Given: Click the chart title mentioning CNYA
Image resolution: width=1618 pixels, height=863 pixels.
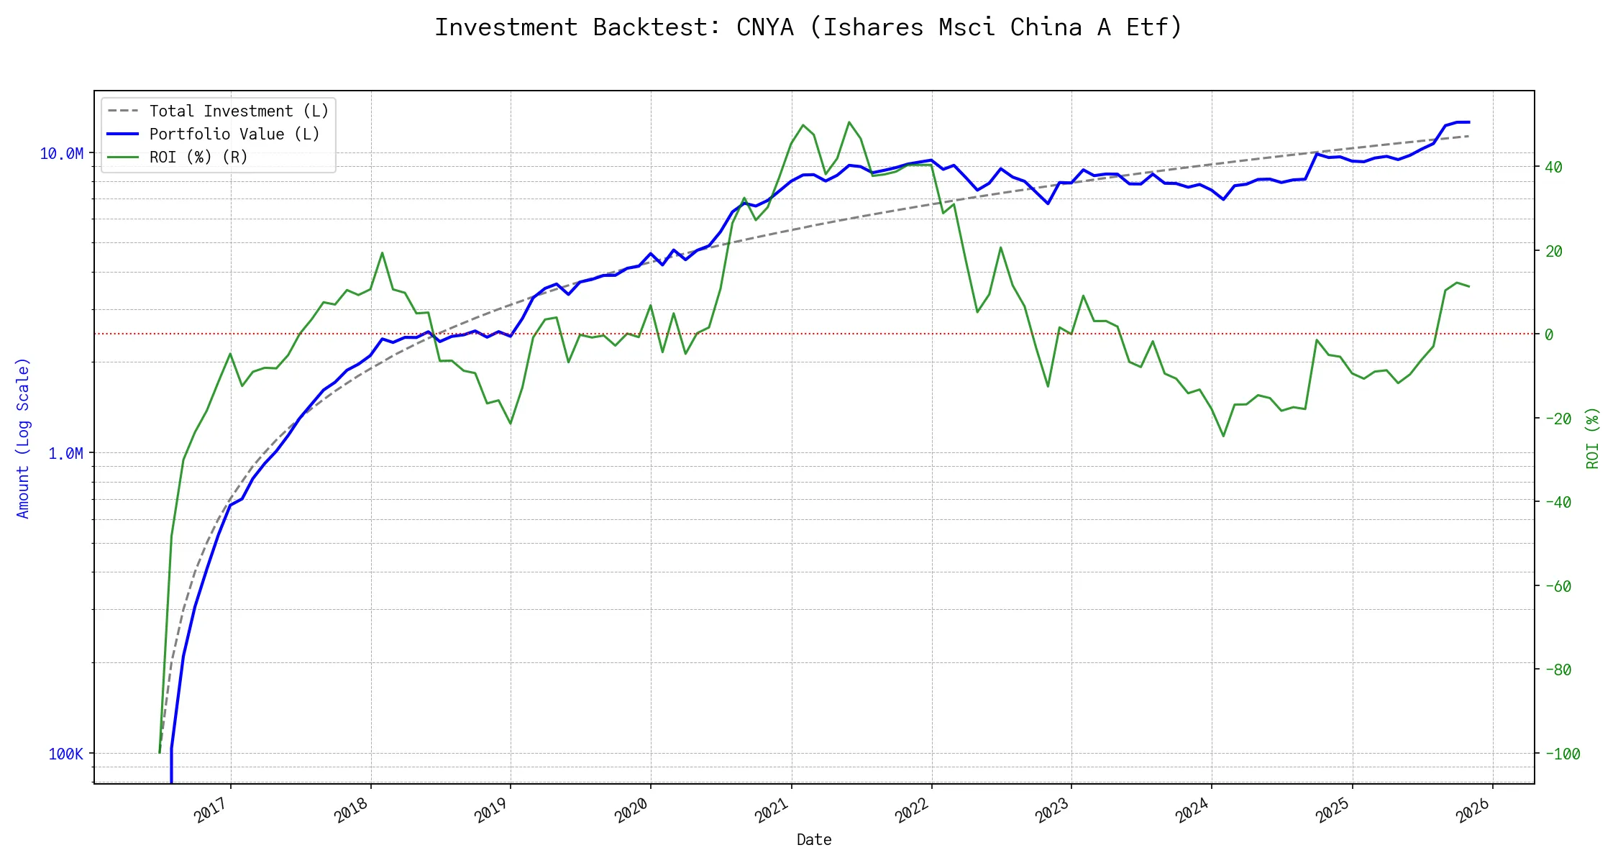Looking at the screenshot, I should (808, 27).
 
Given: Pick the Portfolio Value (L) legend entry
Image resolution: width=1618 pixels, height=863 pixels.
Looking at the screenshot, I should (234, 134).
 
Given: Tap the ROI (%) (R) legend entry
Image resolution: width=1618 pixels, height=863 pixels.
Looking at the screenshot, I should (198, 157).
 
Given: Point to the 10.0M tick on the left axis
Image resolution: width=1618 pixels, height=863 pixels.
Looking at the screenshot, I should (62, 154).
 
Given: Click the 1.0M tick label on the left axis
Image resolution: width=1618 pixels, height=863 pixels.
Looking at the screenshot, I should (65, 454).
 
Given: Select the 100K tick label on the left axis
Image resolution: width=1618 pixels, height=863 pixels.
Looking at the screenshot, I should (66, 754).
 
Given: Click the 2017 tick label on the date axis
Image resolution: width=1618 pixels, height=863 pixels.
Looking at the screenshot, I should (211, 811).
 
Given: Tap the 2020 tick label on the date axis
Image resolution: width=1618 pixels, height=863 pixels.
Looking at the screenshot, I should (631, 811).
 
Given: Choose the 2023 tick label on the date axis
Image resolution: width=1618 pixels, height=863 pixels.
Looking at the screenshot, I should (1052, 811).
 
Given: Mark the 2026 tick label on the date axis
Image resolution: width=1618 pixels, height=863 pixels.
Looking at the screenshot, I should (1473, 811).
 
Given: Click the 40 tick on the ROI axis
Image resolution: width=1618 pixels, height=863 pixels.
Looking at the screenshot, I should (1553, 168).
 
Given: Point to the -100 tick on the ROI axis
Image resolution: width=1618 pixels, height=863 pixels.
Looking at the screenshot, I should (1562, 754).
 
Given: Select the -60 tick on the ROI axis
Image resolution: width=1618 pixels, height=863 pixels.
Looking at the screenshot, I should (1558, 586).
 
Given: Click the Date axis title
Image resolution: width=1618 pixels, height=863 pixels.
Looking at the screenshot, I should (814, 840).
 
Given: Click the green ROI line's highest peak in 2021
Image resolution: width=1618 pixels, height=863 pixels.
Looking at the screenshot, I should (849, 122).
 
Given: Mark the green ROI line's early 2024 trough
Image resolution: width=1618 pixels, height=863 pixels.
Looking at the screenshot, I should (1223, 436).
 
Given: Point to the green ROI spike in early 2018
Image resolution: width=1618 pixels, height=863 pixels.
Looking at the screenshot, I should (382, 253).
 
